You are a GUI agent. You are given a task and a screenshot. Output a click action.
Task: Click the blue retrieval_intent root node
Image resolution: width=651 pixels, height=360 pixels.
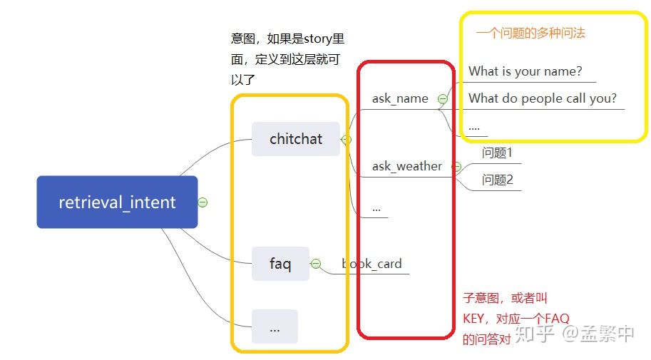pos(117,202)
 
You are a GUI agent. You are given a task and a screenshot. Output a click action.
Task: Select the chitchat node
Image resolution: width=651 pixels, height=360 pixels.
pos(296,139)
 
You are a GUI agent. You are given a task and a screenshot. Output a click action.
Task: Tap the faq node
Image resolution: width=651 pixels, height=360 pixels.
pos(280,264)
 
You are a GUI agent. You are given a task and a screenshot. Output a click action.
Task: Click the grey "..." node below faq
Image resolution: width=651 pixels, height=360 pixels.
pos(275,327)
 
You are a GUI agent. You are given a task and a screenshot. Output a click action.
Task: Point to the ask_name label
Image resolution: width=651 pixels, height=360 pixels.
pos(400,98)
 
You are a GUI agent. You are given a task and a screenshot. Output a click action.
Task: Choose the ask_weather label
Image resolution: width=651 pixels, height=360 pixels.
pos(406,166)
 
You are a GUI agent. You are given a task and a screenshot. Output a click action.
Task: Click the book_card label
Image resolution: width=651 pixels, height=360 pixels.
pos(372,264)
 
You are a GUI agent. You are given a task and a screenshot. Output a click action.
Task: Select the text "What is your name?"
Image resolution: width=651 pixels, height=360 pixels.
pos(525,71)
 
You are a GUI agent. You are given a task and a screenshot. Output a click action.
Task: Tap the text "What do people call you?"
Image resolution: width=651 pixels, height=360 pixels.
pos(542,98)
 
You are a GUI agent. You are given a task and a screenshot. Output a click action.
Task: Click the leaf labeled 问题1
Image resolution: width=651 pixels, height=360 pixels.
pos(497,153)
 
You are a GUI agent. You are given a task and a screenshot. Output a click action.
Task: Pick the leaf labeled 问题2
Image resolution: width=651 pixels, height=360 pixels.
pos(497,180)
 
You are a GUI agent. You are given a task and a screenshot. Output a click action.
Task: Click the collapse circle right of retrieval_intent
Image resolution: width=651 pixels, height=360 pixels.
pos(203,202)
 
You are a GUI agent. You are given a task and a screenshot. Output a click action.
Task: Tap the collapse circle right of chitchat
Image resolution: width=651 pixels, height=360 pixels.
pos(347,140)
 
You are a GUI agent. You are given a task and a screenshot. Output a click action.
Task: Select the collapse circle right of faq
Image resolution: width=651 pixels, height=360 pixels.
pos(316,264)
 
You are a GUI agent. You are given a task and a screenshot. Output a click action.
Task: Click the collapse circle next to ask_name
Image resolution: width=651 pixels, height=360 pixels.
pos(443,99)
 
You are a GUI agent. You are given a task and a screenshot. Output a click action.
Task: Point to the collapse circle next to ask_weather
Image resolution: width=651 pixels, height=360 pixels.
pos(456,167)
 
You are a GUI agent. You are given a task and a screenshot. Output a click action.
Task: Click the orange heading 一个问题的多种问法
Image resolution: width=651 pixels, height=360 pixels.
pos(530,33)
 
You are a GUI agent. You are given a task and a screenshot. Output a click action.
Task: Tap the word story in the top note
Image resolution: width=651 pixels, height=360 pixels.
pos(309,38)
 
